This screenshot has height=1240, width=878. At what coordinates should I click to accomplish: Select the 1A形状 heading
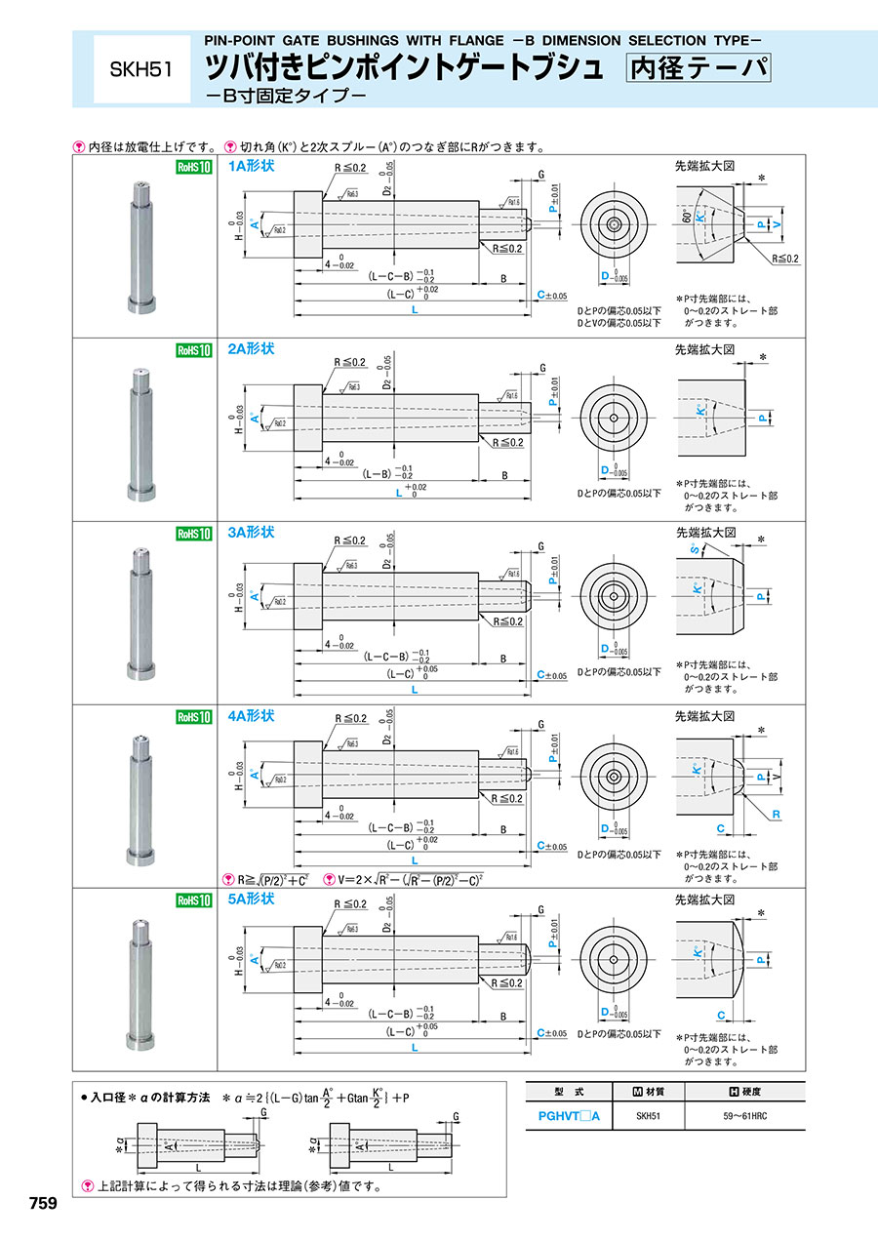point(251,167)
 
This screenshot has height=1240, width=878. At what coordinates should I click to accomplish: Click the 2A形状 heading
point(251,349)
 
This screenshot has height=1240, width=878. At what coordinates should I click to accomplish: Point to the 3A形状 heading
point(251,533)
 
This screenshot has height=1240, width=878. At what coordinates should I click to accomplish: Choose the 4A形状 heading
point(251,716)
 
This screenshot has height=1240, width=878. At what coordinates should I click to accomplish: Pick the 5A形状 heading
point(251,900)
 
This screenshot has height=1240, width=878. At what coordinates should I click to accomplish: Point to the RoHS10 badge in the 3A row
point(193,534)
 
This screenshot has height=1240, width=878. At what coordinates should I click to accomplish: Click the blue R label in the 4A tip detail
point(777,812)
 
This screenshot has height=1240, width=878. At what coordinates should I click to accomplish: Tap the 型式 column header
point(568,1092)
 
